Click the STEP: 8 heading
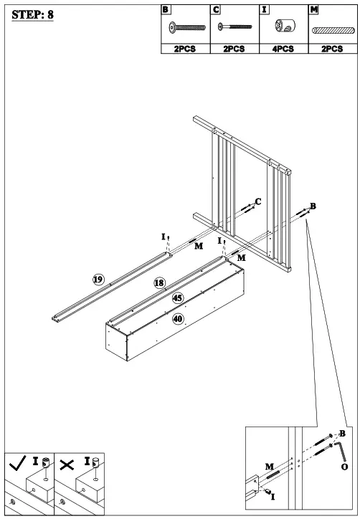33,15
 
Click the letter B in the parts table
166,9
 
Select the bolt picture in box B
184,27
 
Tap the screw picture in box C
234,27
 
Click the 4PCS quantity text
283,49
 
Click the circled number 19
98,279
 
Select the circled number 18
159,283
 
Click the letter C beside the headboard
258,202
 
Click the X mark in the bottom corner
67,464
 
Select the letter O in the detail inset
345,467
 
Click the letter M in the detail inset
270,467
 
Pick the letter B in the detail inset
342,433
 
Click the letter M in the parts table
314,9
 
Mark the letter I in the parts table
265,9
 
